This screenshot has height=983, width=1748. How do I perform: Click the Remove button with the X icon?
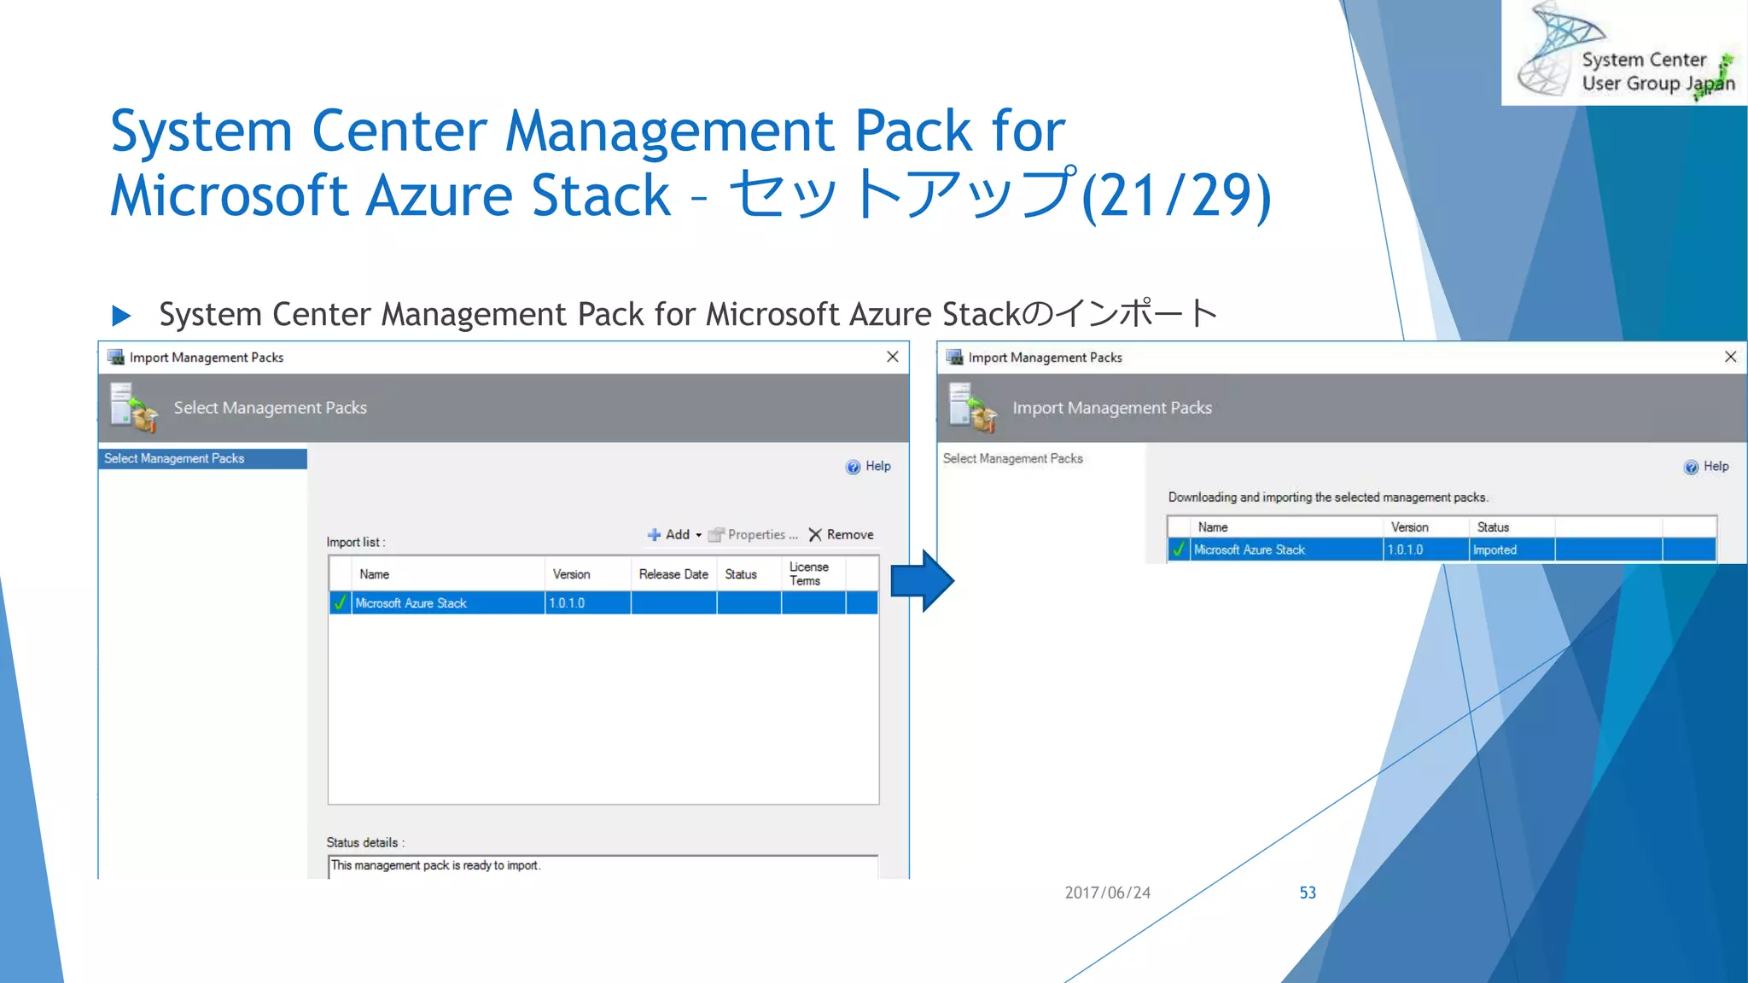842,535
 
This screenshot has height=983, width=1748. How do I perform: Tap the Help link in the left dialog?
869,466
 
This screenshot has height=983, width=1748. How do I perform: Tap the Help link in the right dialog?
1707,466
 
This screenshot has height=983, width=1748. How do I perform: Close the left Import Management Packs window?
892,357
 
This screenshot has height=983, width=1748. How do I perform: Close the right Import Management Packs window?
1730,357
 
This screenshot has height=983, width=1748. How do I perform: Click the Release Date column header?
673,574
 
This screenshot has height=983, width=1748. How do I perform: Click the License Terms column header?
807,573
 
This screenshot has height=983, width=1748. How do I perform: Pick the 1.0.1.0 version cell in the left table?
567,603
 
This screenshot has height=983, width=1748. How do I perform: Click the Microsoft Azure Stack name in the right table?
1249,550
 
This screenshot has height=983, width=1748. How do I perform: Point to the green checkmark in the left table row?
340,603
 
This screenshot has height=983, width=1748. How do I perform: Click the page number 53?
1307,893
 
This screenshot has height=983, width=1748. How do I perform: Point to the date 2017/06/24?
1107,893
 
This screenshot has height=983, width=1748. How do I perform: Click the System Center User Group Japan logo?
1624,53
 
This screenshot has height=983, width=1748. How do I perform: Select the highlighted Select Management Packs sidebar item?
202,459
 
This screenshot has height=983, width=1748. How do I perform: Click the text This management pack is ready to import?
435,865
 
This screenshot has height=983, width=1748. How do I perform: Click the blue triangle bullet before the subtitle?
121,316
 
